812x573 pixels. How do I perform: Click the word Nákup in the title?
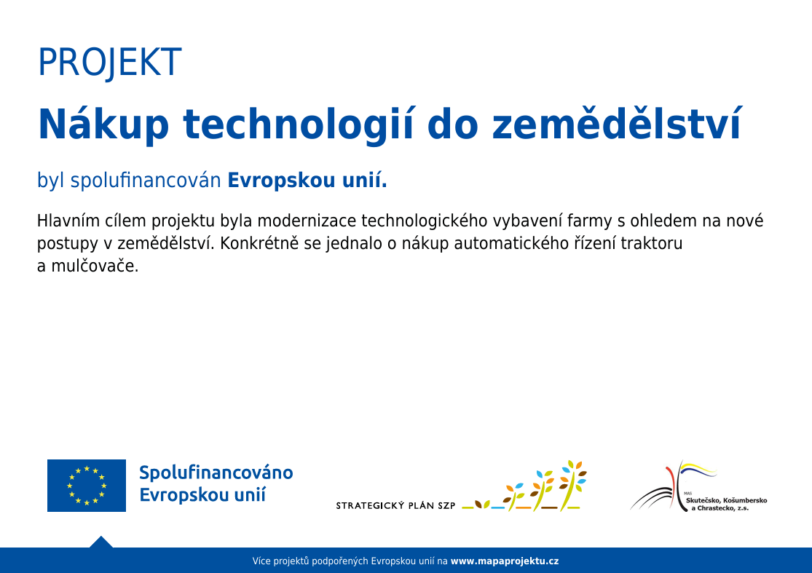pos(103,125)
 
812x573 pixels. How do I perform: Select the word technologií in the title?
pos(299,125)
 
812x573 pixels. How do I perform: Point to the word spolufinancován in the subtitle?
pos(146,181)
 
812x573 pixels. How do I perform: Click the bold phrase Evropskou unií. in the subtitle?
pos(307,181)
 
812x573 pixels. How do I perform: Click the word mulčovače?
pos(95,266)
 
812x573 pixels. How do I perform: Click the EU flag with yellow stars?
pos(87,486)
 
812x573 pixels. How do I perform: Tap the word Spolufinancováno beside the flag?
pos(216,473)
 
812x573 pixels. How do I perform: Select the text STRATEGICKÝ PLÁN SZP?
pos(395,506)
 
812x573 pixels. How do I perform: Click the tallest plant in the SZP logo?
pos(572,484)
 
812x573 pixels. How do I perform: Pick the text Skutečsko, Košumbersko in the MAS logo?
pos(726,500)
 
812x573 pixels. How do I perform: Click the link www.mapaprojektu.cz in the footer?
pos(505,561)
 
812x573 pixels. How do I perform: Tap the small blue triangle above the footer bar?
pos(101,542)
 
